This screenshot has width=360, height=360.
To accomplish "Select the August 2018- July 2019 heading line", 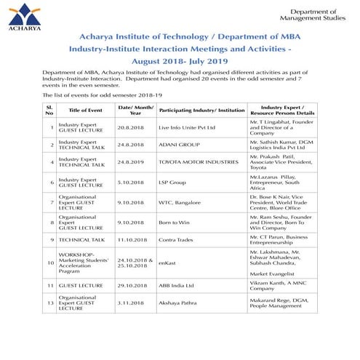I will point(180,61).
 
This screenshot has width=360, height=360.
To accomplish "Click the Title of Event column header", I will point(86,110).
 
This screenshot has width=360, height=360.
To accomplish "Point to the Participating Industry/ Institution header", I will point(201,110).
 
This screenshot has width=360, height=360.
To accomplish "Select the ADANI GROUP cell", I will point(179,145).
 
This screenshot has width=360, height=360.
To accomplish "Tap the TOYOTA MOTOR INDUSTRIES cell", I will point(195,162).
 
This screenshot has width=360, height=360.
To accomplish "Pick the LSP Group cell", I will point(173,183).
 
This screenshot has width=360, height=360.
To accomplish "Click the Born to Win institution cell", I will point(175,223).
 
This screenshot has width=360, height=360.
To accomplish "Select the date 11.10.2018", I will point(135,240).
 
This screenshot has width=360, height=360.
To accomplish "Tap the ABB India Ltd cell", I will point(178,286).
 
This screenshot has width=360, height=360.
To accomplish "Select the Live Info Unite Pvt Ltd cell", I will point(187,128).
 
